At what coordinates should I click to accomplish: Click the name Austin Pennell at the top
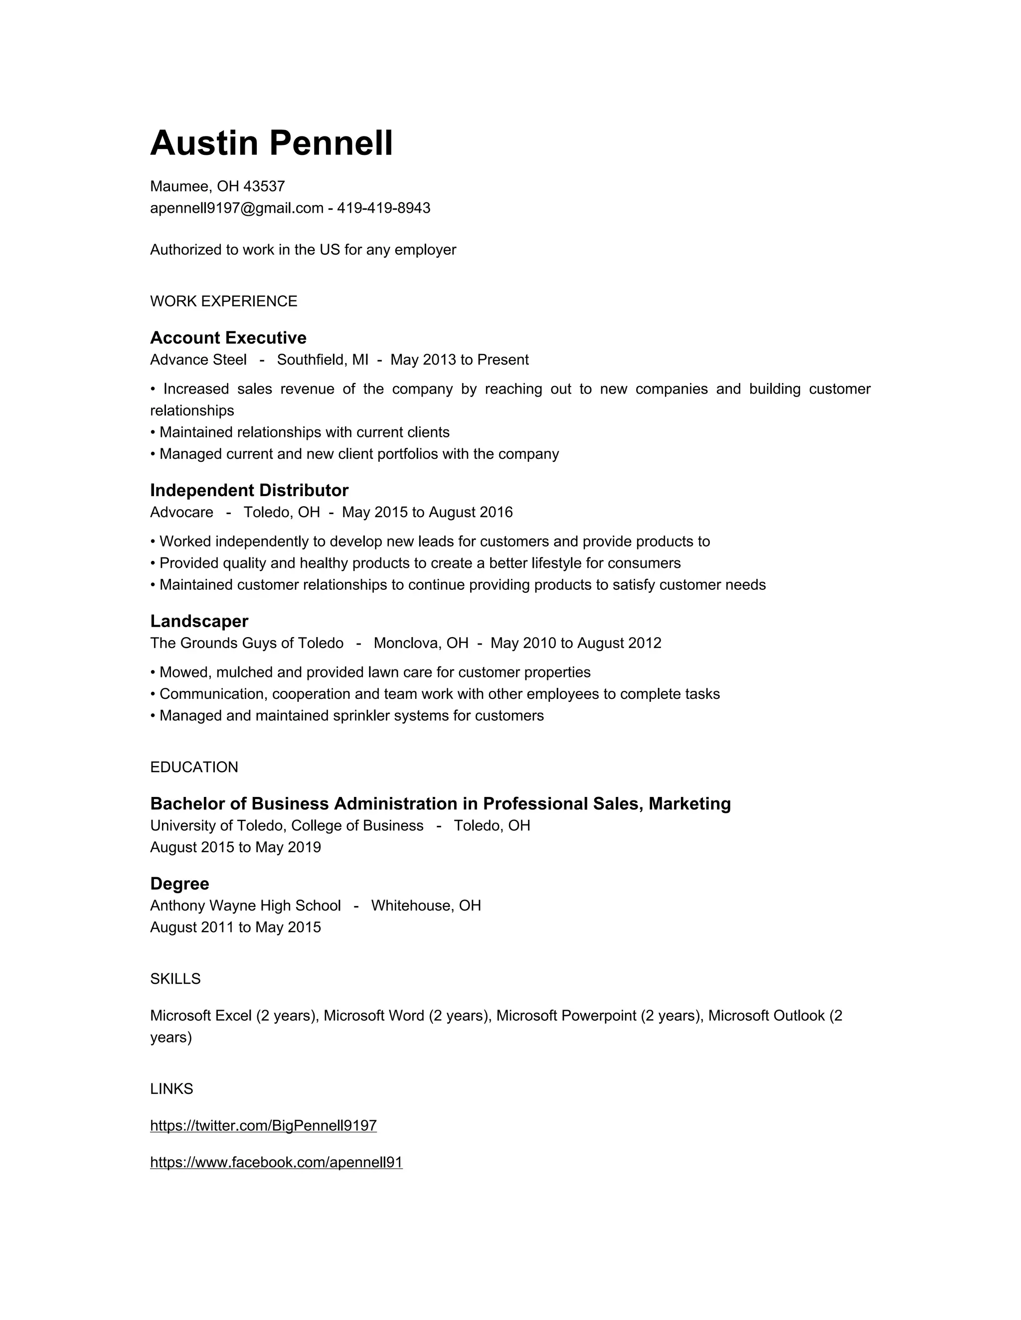[271, 143]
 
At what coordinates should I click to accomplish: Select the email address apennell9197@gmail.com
[236, 209]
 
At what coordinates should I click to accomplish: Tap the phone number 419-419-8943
[383, 209]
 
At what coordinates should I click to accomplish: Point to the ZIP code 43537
[264, 186]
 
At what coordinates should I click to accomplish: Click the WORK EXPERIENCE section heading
[223, 301]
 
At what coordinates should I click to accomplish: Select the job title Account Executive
[228, 338]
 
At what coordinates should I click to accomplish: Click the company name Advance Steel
[198, 360]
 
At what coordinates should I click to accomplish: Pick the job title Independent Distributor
[249, 490]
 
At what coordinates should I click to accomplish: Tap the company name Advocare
[181, 513]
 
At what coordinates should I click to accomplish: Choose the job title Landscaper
[199, 621]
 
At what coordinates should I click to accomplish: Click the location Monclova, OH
[421, 643]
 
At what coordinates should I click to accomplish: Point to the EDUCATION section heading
[194, 768]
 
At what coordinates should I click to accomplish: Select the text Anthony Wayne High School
[246, 906]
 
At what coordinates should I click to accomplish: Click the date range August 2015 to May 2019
[235, 847]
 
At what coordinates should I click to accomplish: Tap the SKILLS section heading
[175, 979]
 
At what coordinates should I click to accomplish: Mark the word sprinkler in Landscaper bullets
[361, 716]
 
